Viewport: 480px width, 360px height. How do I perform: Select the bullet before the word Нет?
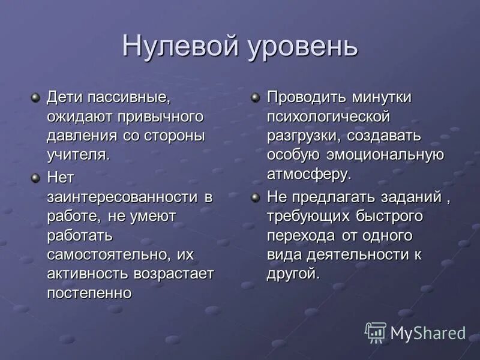coord(36,177)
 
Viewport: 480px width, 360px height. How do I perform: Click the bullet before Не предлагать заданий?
coord(256,197)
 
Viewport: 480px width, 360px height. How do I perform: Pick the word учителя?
coord(78,154)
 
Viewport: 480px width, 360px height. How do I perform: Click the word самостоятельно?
coord(107,254)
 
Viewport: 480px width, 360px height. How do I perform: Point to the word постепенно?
coord(89,293)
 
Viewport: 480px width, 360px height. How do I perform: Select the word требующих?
coord(303,216)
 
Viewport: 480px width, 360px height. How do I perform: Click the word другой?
coord(293,274)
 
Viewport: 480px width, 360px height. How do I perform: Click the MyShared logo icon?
coord(376,332)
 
